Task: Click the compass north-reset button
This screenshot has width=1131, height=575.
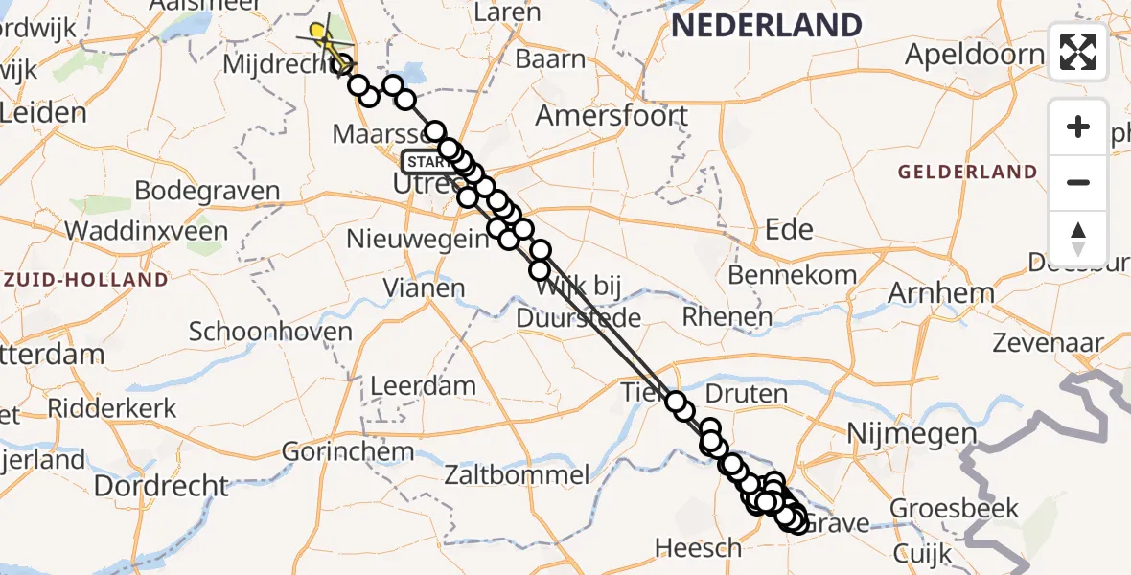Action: (1078, 239)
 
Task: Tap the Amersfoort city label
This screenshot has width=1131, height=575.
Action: (612, 116)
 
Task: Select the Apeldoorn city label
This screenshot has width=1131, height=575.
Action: (974, 54)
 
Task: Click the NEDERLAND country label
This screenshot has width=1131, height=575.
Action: (767, 26)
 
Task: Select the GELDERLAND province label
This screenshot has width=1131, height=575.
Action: (968, 172)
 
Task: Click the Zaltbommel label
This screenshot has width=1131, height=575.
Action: (530, 473)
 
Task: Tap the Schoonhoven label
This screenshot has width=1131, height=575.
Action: (270, 332)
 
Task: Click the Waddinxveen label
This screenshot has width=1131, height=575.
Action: (147, 230)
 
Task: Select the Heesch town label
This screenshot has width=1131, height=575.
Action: (698, 547)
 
